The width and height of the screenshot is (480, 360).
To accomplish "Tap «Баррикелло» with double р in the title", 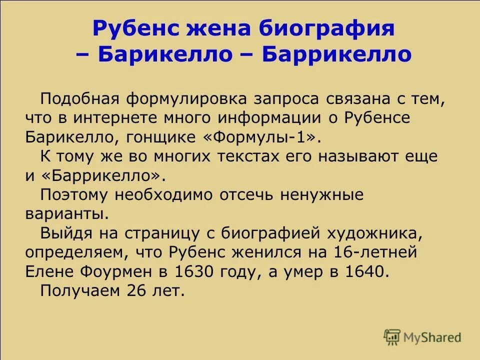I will (x=337, y=54).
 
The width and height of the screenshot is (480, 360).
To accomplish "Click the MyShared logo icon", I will (x=392, y=337).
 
